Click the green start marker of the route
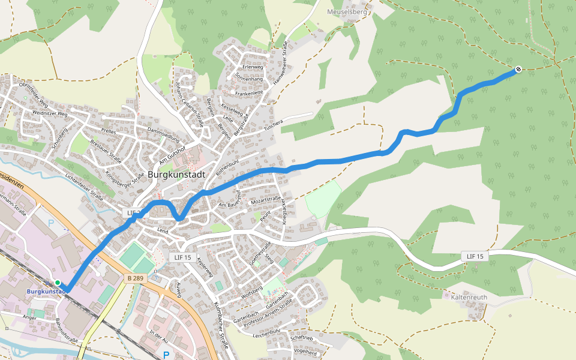click(x=57, y=283)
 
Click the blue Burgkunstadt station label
click(x=46, y=292)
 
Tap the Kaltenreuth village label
click(x=464, y=295)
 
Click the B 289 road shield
click(x=136, y=278)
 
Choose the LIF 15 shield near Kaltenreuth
click(x=474, y=256)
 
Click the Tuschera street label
click(x=273, y=124)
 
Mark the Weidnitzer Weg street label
click(x=50, y=112)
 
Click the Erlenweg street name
click(x=253, y=67)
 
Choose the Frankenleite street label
click(x=249, y=93)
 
